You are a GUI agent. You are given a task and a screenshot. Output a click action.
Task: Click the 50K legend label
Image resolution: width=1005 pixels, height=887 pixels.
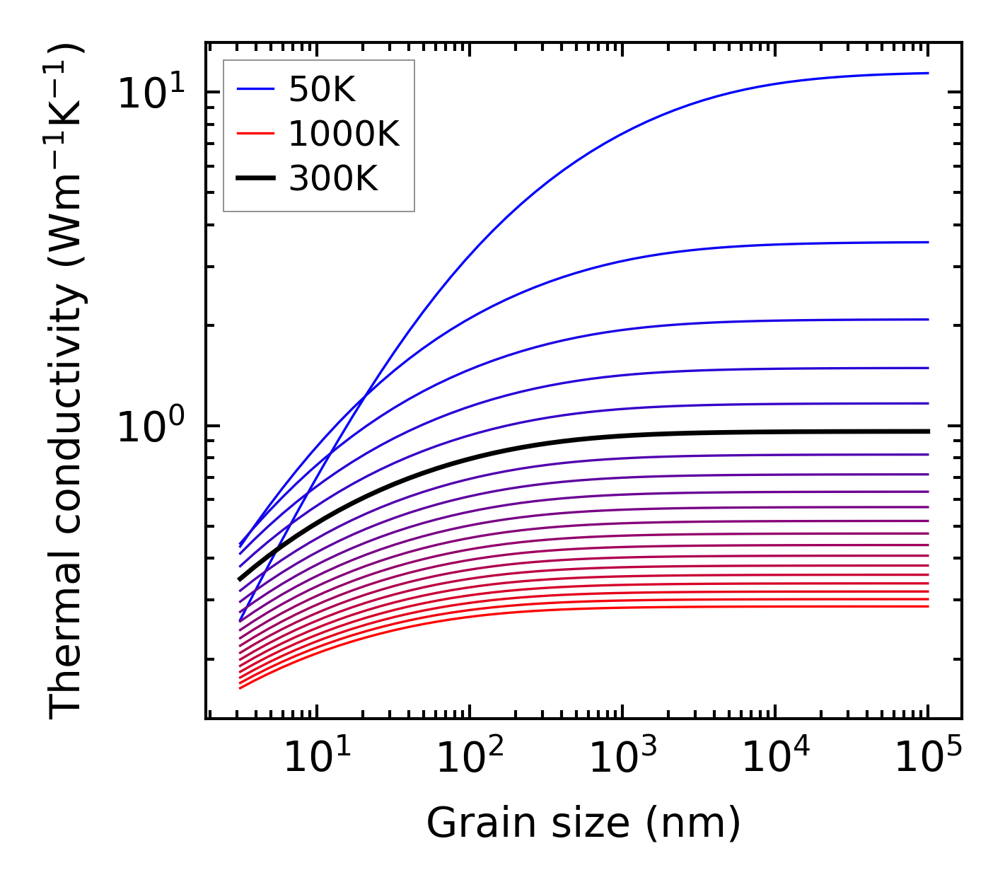pos(322,90)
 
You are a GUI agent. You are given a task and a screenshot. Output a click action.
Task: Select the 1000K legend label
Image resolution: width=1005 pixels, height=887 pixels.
pos(344,134)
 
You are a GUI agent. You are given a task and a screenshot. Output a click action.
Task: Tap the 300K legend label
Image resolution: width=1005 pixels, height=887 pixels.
pos(333,179)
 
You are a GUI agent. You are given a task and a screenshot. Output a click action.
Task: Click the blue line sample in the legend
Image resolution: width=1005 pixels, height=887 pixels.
pos(255,90)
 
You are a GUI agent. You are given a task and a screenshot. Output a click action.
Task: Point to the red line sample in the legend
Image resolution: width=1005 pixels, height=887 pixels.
pos(255,134)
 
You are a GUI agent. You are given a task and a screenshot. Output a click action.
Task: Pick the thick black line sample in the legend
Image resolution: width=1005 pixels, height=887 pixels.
pos(255,179)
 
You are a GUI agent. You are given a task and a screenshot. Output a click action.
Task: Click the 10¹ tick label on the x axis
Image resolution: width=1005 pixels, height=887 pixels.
pos(317,759)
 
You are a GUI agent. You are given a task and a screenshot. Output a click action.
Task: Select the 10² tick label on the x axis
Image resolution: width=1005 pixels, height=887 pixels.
pos(470,759)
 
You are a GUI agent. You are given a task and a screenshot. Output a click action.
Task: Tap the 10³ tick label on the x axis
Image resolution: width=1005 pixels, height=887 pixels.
pos(623,759)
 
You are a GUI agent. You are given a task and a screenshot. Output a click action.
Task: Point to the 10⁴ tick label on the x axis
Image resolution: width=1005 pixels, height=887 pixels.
pos(776,759)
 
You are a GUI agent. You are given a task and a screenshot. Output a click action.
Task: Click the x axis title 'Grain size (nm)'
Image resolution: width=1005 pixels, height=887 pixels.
pos(583,823)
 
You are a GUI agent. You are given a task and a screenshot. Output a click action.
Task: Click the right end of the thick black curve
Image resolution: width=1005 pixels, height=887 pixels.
pos(928,431)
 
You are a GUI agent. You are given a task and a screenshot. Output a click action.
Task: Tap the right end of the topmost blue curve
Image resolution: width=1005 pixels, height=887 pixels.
pos(928,73)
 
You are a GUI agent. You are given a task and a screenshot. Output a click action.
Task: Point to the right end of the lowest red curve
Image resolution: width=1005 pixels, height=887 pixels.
pos(928,606)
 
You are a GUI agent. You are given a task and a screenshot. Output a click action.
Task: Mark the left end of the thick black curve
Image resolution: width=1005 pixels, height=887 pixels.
pos(240,579)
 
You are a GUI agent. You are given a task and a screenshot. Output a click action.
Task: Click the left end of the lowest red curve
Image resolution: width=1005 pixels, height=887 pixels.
pos(240,688)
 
